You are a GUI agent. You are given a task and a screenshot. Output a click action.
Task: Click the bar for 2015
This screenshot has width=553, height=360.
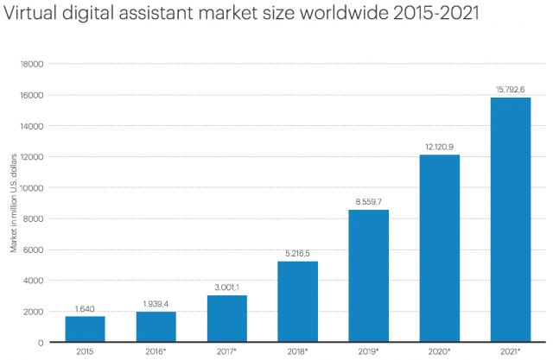pyautogui.click(x=85, y=328)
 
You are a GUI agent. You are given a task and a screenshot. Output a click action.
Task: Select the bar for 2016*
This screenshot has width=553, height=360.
pyautogui.click(x=156, y=325)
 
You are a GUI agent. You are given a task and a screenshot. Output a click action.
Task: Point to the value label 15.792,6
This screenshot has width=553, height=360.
pyautogui.click(x=510, y=90)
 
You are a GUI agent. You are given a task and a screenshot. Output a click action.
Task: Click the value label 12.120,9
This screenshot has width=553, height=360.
pyautogui.click(x=439, y=147)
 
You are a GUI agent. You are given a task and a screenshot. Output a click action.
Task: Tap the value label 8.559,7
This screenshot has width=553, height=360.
pyautogui.click(x=368, y=202)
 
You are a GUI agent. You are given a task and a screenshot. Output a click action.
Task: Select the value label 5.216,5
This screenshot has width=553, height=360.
pyautogui.click(x=297, y=254)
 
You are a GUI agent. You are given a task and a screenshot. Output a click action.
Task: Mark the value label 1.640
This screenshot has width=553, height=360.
pyautogui.click(x=85, y=309)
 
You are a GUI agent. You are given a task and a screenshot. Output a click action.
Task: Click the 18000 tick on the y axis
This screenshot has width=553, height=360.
pyautogui.click(x=31, y=64)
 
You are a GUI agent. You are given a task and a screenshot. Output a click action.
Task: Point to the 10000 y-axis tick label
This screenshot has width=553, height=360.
pyautogui.click(x=31, y=187)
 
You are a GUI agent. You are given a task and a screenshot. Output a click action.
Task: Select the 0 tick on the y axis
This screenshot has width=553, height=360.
pyautogui.click(x=40, y=342)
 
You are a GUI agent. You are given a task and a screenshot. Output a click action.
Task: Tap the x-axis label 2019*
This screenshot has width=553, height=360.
pyautogui.click(x=368, y=351)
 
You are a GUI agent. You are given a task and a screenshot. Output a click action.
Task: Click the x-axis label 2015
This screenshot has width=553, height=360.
pyautogui.click(x=85, y=351)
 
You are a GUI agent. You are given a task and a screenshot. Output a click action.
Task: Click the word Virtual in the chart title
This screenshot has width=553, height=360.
pyautogui.click(x=34, y=16)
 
